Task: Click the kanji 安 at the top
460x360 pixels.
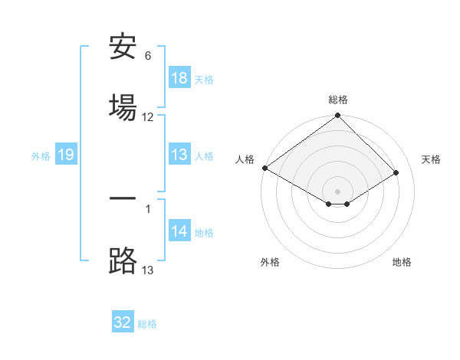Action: pyautogui.click(x=123, y=49)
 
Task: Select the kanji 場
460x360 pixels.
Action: pyautogui.click(x=123, y=106)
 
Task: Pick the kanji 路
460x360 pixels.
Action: pyautogui.click(x=123, y=260)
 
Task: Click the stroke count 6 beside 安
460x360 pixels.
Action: pyautogui.click(x=148, y=56)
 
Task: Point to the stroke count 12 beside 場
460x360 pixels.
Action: pyautogui.click(x=148, y=117)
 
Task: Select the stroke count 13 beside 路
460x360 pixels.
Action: pyautogui.click(x=148, y=269)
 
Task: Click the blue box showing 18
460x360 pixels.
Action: pyautogui.click(x=179, y=78)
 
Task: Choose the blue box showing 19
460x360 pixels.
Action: pyautogui.click(x=66, y=155)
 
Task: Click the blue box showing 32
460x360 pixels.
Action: pyautogui.click(x=123, y=322)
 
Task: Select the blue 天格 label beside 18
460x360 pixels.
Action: pyautogui.click(x=204, y=79)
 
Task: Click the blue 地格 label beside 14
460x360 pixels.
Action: pyautogui.click(x=204, y=233)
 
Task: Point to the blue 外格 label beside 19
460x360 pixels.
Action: pyautogui.click(x=41, y=156)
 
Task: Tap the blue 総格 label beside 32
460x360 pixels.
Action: pyautogui.click(x=147, y=324)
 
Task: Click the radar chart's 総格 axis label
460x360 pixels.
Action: pyautogui.click(x=338, y=100)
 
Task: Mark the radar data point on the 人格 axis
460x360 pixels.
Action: pyautogui.click(x=264, y=168)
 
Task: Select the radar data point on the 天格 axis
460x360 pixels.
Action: pyautogui.click(x=396, y=174)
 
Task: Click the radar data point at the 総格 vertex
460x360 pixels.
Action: pyautogui.click(x=338, y=116)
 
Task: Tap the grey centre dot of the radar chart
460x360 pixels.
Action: pyautogui.click(x=338, y=191)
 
